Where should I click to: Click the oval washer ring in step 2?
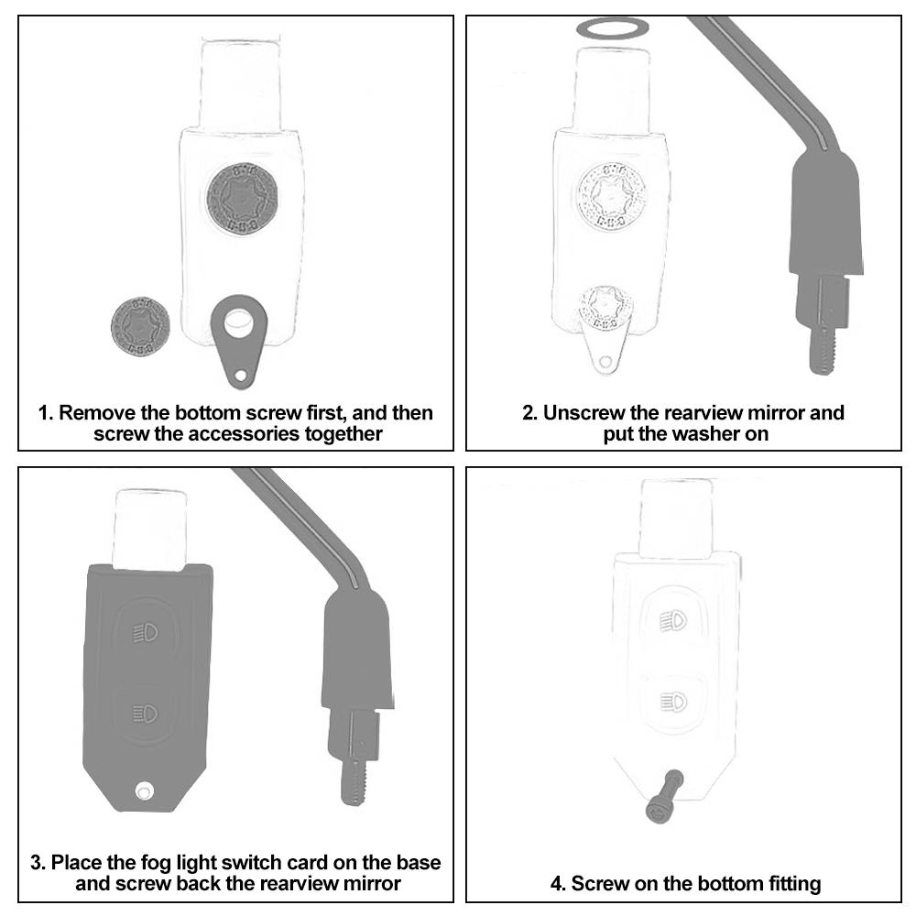pyautogui.click(x=611, y=28)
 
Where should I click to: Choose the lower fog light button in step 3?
pyautogui.click(x=147, y=711)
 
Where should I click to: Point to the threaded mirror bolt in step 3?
pyautogui.click(x=353, y=783)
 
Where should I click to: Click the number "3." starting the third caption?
pyautogui.click(x=38, y=863)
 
